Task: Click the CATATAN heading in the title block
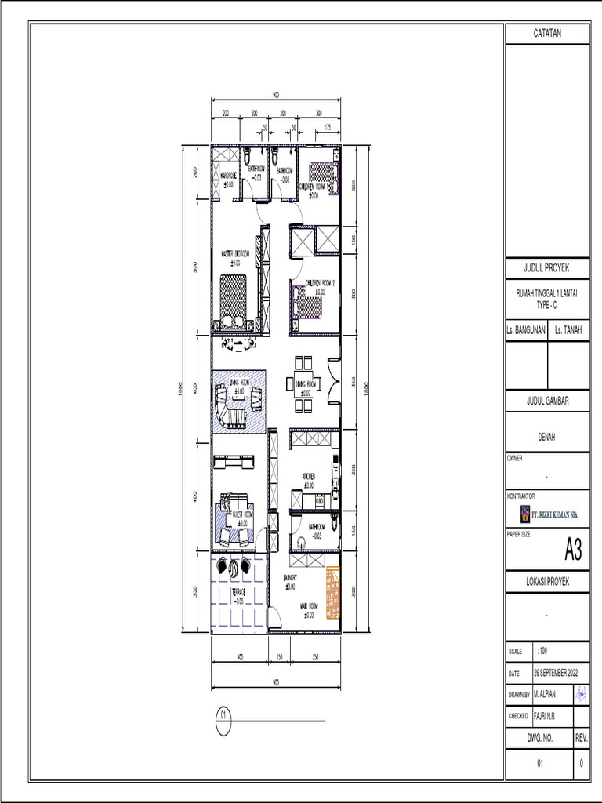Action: [x=547, y=34]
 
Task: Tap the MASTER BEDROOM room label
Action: [x=235, y=254]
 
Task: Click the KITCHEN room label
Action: [x=310, y=477]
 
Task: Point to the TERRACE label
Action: [x=238, y=592]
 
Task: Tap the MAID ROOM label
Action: [x=309, y=606]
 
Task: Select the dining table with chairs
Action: [x=303, y=383]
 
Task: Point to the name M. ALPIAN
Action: [x=546, y=695]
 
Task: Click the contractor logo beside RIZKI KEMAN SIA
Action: [x=524, y=514]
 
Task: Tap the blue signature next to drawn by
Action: [x=582, y=695]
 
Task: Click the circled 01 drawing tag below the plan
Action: [x=223, y=716]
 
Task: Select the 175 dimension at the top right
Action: [x=327, y=126]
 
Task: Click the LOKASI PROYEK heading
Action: [x=547, y=582]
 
